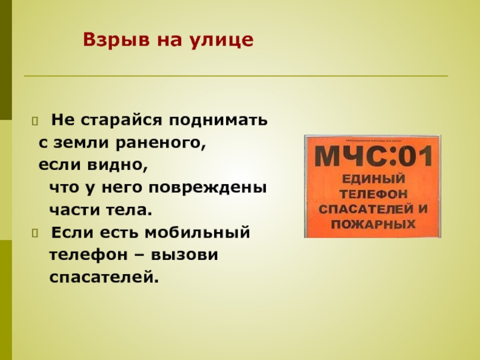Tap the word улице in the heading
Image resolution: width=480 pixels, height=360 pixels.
[x=224, y=40]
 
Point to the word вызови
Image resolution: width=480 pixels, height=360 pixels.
[x=189, y=255]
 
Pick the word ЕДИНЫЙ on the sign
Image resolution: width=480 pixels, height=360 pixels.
[x=372, y=180]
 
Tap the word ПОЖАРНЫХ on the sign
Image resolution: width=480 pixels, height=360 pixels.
[x=372, y=224]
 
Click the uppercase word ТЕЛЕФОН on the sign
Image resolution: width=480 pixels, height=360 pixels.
[x=372, y=194]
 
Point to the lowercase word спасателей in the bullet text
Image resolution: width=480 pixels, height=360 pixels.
[x=103, y=277]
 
